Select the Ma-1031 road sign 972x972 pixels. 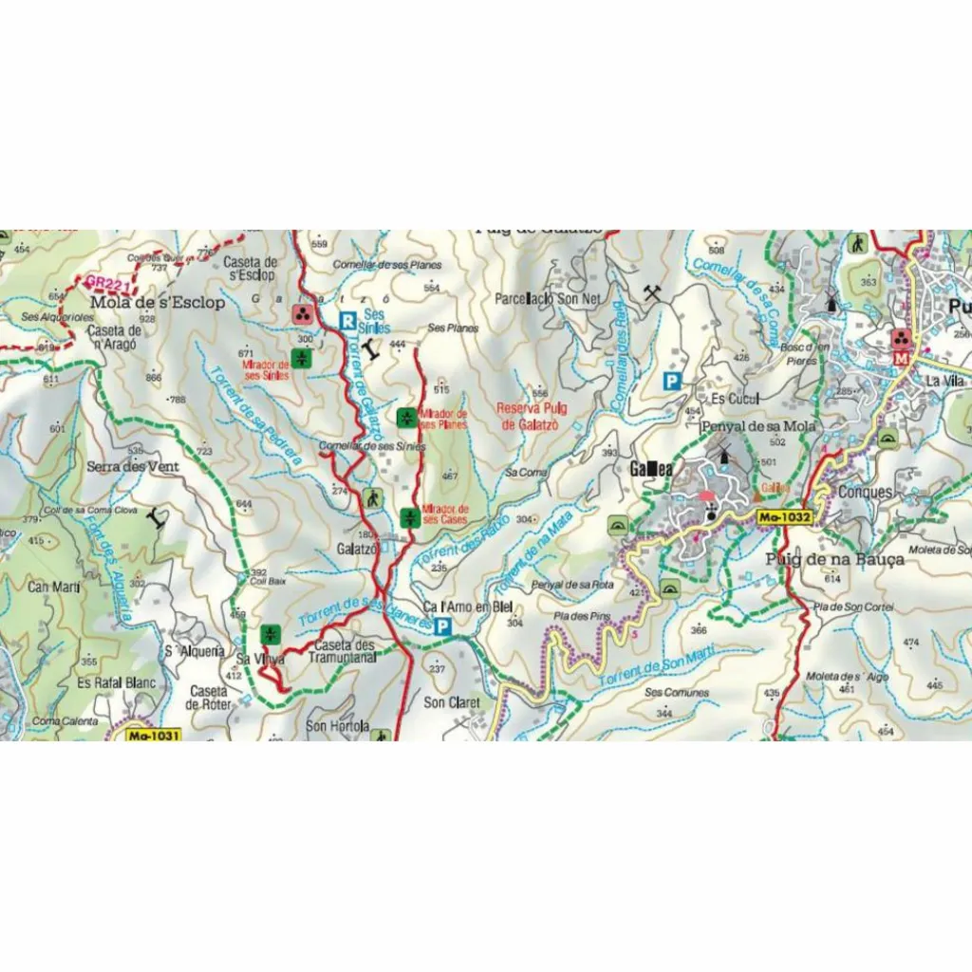(152, 735)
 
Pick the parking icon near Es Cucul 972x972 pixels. (672, 382)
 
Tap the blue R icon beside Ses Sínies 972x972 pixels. (348, 320)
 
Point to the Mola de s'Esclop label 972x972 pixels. (158, 303)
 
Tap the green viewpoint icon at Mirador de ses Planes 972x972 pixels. (405, 418)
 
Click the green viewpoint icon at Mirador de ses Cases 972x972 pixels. (409, 517)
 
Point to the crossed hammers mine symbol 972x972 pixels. (651, 292)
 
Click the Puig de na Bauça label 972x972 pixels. (835, 559)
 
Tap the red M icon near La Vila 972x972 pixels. (899, 359)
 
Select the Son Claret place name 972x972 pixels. (452, 703)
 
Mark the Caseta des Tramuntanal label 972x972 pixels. (344, 651)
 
